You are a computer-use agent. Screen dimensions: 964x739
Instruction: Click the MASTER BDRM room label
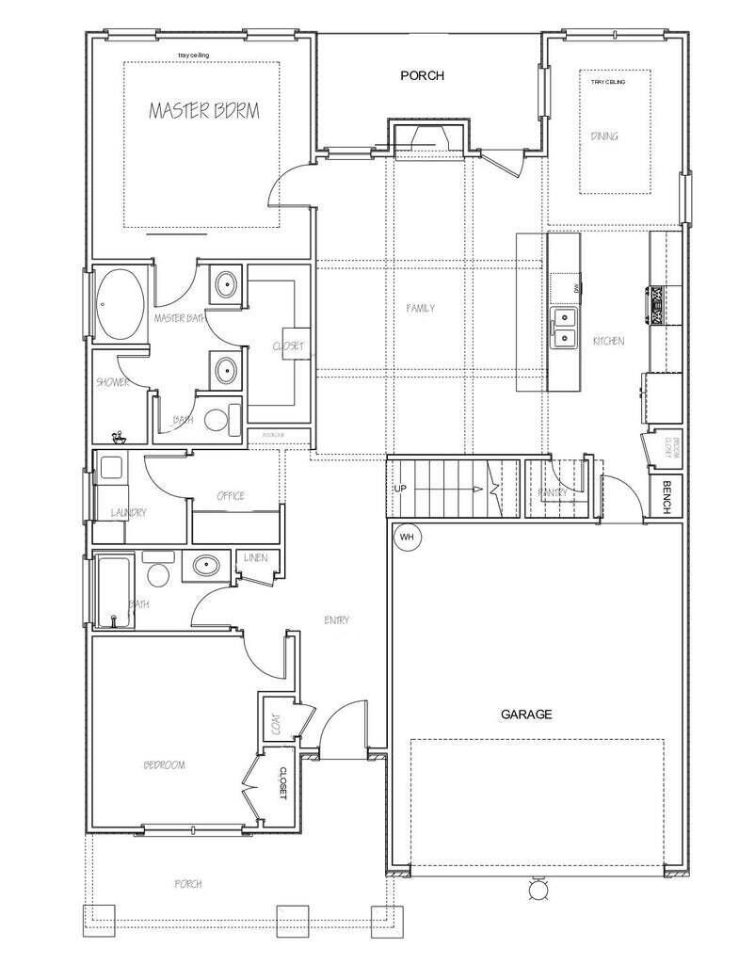pyautogui.click(x=204, y=111)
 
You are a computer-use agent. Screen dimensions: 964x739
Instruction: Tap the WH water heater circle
pyautogui.click(x=408, y=537)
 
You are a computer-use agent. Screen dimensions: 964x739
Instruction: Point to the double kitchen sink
pyautogui.click(x=565, y=326)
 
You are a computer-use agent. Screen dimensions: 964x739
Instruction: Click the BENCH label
pyautogui.click(x=667, y=497)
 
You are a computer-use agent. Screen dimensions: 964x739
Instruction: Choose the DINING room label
pyautogui.click(x=604, y=137)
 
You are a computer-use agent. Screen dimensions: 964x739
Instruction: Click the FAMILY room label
pyautogui.click(x=420, y=309)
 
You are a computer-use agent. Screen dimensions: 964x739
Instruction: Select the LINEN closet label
pyautogui.click(x=255, y=558)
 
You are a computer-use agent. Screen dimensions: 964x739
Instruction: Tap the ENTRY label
pyautogui.click(x=336, y=619)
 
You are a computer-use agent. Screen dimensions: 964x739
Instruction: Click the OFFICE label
pyautogui.click(x=231, y=496)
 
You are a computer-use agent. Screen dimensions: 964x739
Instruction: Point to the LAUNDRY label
pyautogui.click(x=128, y=513)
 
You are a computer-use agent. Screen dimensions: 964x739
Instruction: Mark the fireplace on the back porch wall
pyautogui.click(x=429, y=137)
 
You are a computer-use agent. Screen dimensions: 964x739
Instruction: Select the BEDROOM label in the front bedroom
pyautogui.click(x=164, y=765)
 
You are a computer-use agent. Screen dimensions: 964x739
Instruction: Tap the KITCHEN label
pyautogui.click(x=608, y=341)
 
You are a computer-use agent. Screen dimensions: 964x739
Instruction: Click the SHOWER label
pyautogui.click(x=112, y=382)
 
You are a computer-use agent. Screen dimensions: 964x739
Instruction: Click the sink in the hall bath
pyautogui.click(x=203, y=567)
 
